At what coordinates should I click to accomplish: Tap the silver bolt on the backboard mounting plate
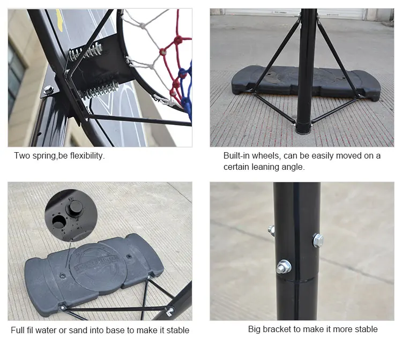click(x=49, y=89)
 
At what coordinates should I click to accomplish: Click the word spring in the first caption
click(x=45, y=156)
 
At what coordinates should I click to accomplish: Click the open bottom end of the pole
click(x=303, y=127)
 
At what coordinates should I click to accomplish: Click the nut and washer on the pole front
click(x=284, y=266)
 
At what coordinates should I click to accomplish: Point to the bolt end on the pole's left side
click(x=272, y=230)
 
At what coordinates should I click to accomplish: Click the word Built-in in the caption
click(x=236, y=156)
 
